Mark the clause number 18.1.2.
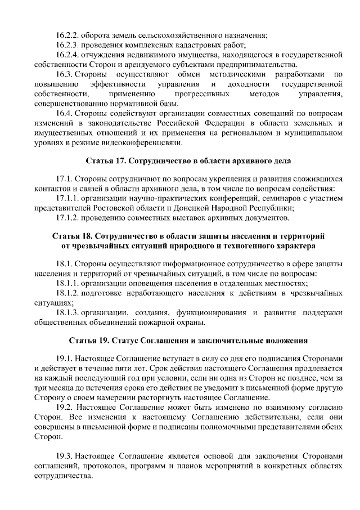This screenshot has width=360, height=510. pyautogui.click(x=67, y=293)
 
